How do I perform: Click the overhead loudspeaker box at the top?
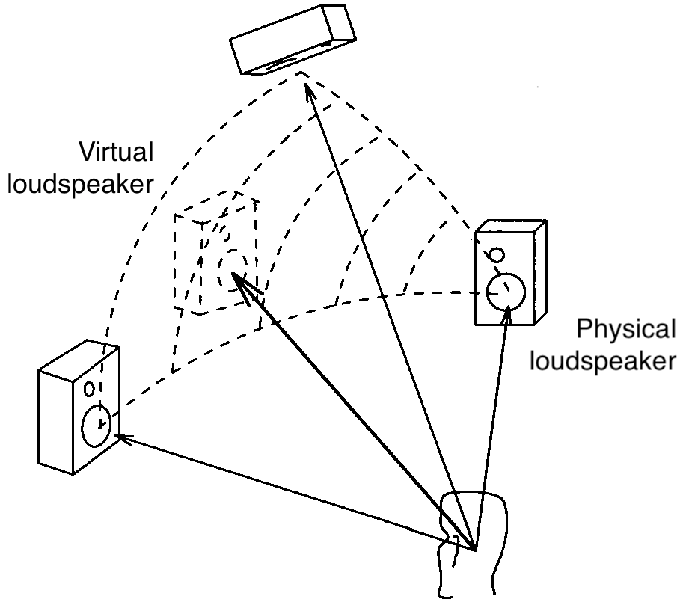tap(292, 41)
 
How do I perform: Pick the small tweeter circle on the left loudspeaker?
tap(89, 389)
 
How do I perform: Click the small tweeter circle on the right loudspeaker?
tap(495, 255)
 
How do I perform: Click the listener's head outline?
tap(475, 516)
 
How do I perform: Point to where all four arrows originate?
tap(475, 550)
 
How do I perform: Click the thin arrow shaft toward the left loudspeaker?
tap(299, 495)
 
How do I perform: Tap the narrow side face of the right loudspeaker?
tap(539, 277)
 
